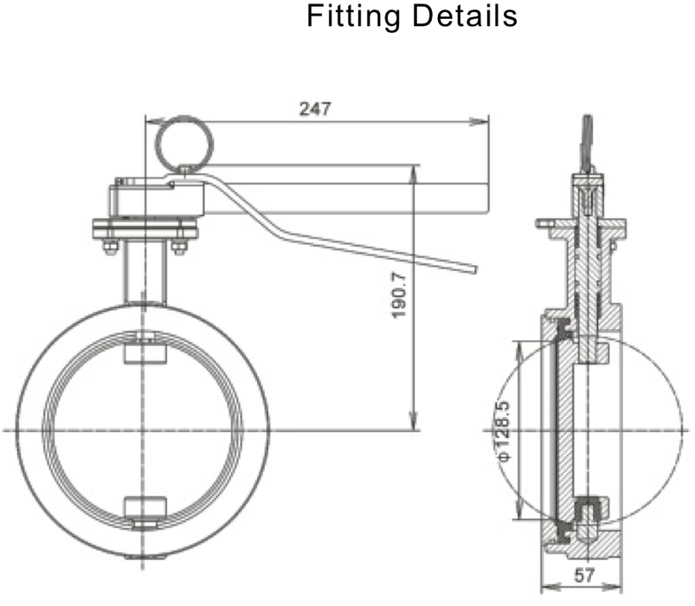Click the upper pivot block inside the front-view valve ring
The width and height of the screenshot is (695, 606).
[x=143, y=350]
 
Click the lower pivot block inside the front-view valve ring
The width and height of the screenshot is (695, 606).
[x=143, y=510]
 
